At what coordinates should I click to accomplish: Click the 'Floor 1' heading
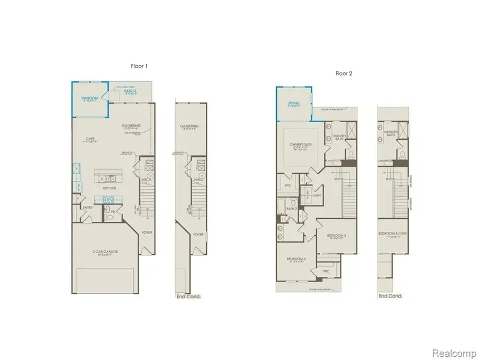tap(139, 66)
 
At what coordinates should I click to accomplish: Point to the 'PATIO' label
tap(131, 92)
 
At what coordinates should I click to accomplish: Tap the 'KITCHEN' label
tap(110, 188)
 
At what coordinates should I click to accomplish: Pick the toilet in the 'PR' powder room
tap(110, 217)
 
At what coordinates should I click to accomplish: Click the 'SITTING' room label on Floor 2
tap(294, 103)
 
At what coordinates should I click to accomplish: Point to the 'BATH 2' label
tap(291, 209)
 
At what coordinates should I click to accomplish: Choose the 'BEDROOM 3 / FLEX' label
tap(393, 234)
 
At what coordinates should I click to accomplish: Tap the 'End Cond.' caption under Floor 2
tap(390, 296)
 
